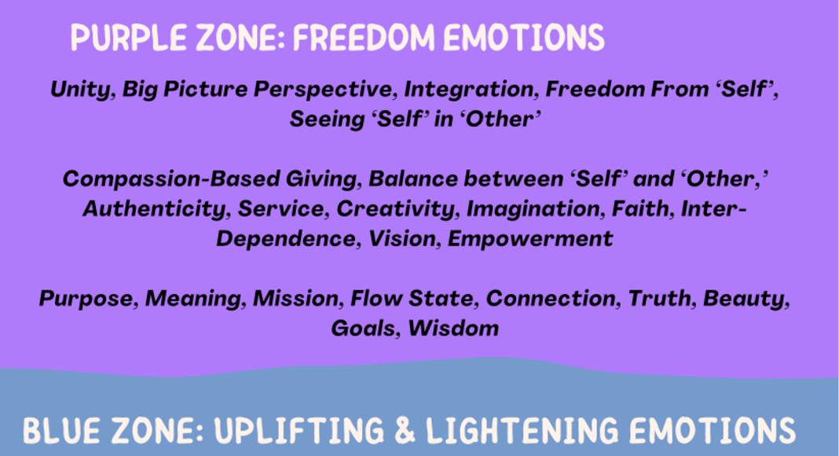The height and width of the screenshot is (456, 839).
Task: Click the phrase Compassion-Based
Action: (x=171, y=178)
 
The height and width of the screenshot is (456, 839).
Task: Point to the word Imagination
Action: (x=536, y=209)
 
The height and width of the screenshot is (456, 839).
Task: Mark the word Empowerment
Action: (x=530, y=239)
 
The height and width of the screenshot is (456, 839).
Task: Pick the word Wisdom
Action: (x=453, y=328)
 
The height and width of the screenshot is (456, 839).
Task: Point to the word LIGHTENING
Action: (x=522, y=430)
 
